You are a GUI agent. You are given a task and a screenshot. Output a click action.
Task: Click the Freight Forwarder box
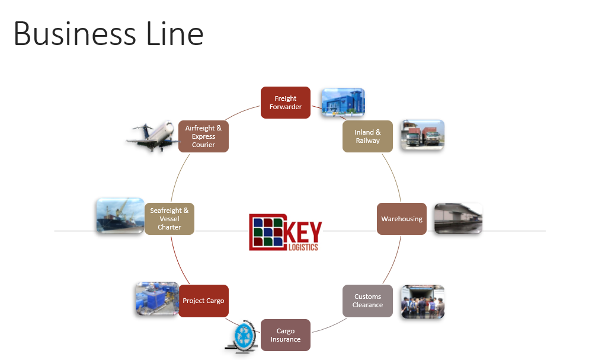click(x=286, y=103)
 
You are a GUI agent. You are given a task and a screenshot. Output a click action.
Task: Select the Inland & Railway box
click(x=367, y=136)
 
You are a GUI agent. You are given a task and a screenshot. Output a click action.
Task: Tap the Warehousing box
click(x=402, y=219)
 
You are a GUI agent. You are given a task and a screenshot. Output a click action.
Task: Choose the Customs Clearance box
click(x=367, y=301)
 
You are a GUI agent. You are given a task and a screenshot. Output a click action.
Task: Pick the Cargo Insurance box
click(x=286, y=335)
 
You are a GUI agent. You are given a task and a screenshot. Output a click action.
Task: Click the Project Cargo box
click(x=203, y=301)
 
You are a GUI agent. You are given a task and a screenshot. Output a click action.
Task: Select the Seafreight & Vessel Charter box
click(x=169, y=219)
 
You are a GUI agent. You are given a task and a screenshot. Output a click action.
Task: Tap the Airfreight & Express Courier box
click(x=203, y=136)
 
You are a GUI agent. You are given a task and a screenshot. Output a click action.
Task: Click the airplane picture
click(x=151, y=136)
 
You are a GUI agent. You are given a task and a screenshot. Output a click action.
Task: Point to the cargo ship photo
click(x=120, y=215)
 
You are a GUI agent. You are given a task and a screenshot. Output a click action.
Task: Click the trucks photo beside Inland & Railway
click(x=421, y=135)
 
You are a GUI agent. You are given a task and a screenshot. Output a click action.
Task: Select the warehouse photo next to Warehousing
click(x=457, y=218)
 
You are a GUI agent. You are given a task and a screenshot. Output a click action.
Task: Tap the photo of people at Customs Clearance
click(x=422, y=302)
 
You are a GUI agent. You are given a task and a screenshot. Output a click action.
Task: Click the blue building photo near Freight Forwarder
click(x=343, y=102)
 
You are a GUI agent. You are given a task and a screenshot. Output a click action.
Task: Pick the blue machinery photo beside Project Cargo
click(x=156, y=298)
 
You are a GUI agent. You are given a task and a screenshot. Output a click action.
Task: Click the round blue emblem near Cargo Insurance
click(x=243, y=336)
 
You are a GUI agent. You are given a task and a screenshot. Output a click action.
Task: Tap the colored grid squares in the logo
click(x=267, y=231)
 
